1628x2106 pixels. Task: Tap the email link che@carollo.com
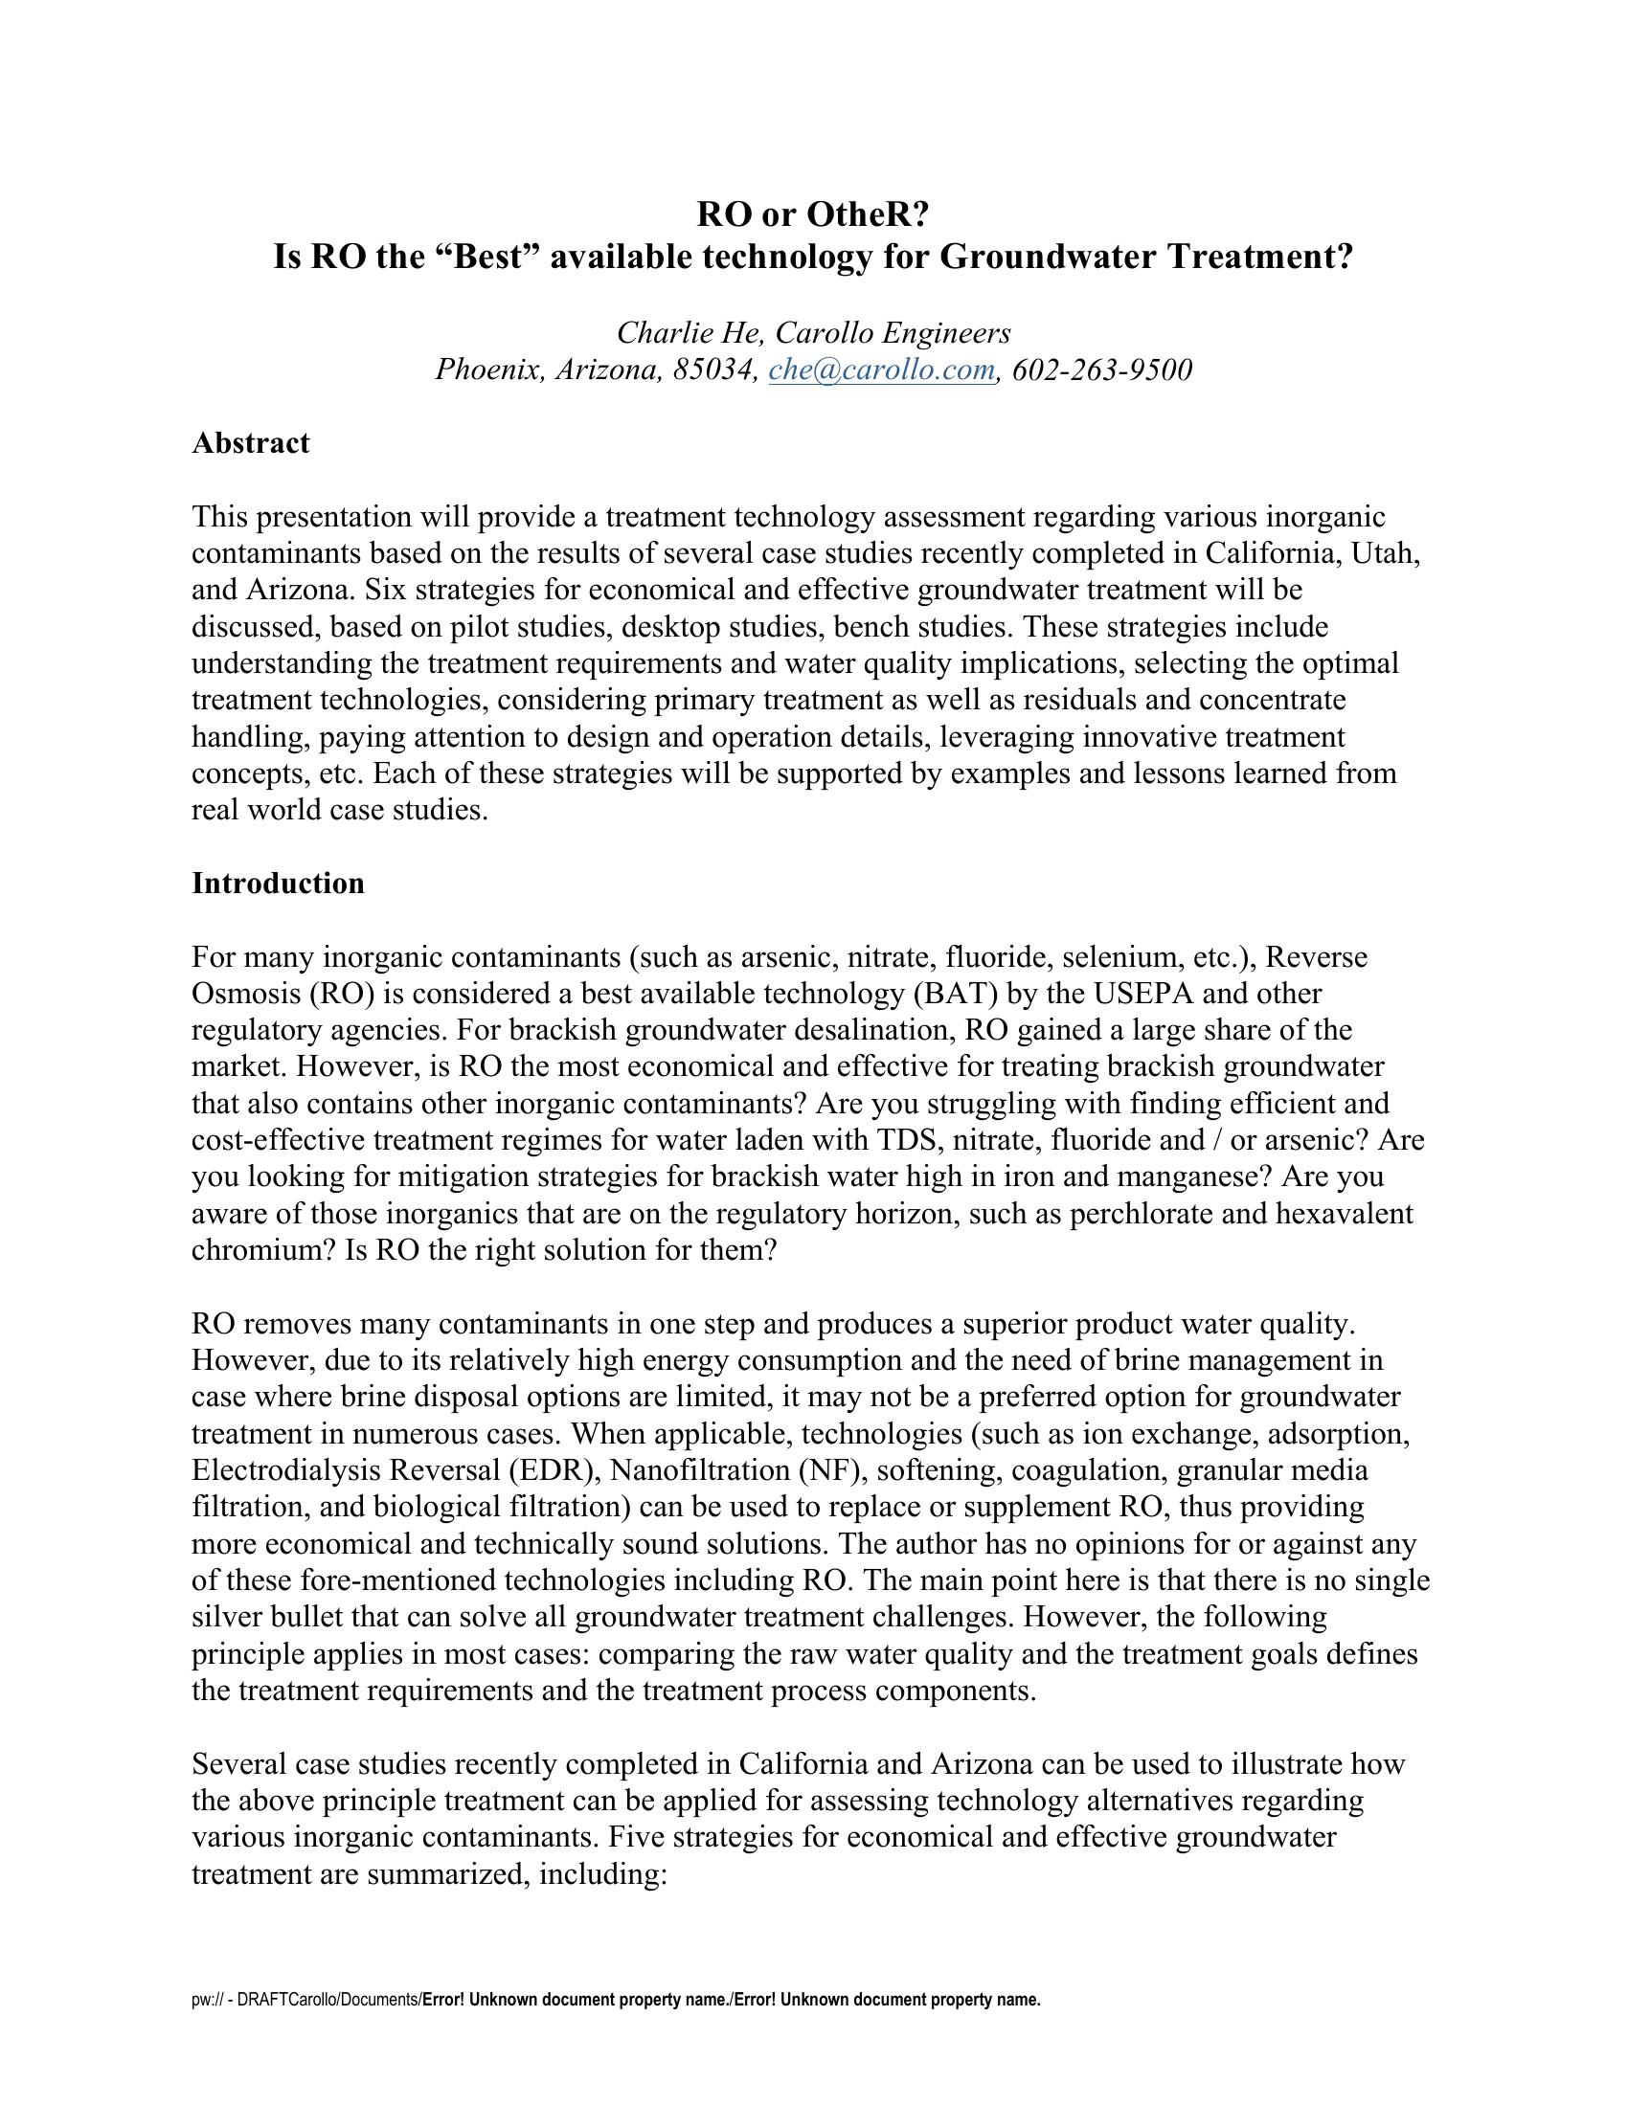(x=881, y=370)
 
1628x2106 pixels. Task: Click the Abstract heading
(x=251, y=442)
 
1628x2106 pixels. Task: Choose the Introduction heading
(x=278, y=884)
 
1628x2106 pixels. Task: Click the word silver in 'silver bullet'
(x=230, y=1617)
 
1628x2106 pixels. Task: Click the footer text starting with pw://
(x=617, y=2000)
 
